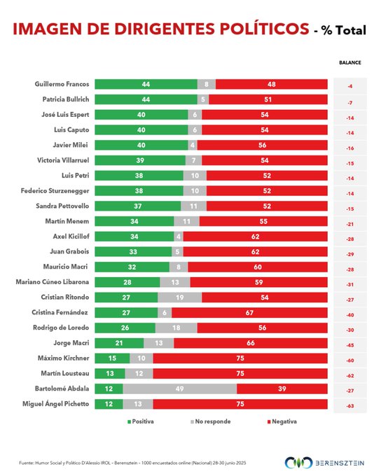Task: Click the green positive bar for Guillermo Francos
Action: click(146, 84)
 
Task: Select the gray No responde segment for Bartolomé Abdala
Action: click(180, 388)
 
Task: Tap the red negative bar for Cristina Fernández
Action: click(249, 313)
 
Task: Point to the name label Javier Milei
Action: click(70, 145)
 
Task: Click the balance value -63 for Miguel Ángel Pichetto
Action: click(350, 406)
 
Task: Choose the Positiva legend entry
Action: click(140, 421)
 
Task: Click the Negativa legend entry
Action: click(282, 421)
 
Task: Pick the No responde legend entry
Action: click(211, 421)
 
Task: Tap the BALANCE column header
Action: click(350, 62)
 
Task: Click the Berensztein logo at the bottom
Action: click(324, 463)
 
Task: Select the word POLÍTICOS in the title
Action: click(264, 29)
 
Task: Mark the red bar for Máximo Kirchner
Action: click(240, 358)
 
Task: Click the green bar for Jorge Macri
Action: click(119, 343)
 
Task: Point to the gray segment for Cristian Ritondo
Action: click(179, 297)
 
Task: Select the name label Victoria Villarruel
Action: click(63, 160)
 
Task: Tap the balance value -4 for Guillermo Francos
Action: click(350, 86)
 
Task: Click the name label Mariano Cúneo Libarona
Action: click(53, 281)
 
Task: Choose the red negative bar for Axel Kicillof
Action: click(255, 237)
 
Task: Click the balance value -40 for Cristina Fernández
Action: click(350, 315)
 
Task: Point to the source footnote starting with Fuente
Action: click(132, 463)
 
